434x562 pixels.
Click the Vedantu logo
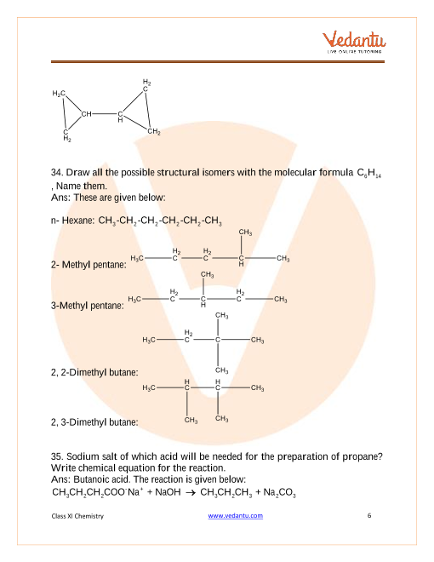[x=354, y=42]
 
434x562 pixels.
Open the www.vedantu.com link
[x=235, y=515]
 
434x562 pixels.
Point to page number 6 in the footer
[x=369, y=515]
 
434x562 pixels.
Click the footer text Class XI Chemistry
[x=77, y=516]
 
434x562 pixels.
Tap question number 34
[x=57, y=172]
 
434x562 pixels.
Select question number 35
[x=57, y=456]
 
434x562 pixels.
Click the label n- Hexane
[x=72, y=220]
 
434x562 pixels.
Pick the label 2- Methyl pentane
[x=89, y=265]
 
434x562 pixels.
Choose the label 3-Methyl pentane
[x=88, y=306]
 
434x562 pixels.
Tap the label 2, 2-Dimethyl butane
[x=94, y=372]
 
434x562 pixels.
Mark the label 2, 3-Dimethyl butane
[x=94, y=422]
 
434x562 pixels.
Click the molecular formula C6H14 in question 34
[x=368, y=173]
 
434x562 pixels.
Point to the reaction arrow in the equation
[x=191, y=493]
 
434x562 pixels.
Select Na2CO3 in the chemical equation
[x=280, y=493]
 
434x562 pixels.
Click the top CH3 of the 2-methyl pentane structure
[x=245, y=232]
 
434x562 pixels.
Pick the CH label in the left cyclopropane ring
[x=86, y=114]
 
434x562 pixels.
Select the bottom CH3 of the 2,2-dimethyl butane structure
[x=221, y=370]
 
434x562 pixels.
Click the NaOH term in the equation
[x=168, y=492]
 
